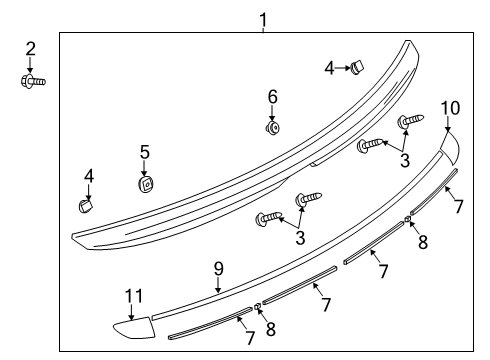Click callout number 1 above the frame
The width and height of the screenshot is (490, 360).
pos(263,19)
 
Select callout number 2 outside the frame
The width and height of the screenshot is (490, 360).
pos(30,48)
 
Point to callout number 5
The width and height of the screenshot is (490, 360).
pos(145,152)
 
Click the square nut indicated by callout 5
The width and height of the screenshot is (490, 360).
pos(145,184)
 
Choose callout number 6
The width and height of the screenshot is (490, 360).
pos(271,96)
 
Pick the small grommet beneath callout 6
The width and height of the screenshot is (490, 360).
pos(271,126)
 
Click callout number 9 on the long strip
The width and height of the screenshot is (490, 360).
pos(218,268)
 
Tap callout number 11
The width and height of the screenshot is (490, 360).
pos(133,296)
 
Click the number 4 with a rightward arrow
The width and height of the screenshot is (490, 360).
pos(329,68)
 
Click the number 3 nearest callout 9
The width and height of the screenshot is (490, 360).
pos(299,237)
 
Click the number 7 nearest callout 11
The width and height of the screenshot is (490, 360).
pos(249,338)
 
